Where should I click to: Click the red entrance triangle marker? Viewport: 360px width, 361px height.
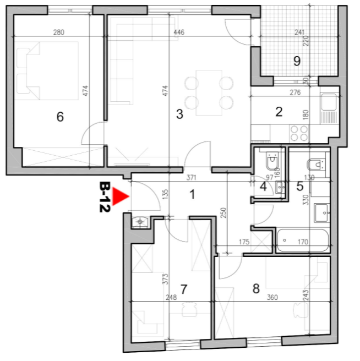tap(120, 196)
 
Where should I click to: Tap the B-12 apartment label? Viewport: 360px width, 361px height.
tap(105, 197)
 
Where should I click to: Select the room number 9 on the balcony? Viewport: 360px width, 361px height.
tap(297, 61)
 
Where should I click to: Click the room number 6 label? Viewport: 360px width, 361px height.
tap(60, 117)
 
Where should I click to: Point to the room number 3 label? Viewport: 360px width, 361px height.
tap(179, 114)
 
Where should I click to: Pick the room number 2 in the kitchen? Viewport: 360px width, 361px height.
tap(279, 112)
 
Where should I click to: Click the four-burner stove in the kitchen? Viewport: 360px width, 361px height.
tap(299, 133)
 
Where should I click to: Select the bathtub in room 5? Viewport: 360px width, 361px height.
tap(303, 240)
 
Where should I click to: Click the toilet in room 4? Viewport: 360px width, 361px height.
tap(272, 160)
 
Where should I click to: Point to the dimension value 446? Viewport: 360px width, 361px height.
tap(179, 32)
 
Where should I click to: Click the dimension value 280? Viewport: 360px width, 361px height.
tap(59, 32)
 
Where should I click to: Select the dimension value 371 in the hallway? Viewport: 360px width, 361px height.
tap(191, 178)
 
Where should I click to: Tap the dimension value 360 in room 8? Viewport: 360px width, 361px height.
tap(272, 297)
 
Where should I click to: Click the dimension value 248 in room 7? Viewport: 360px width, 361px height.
tap(171, 297)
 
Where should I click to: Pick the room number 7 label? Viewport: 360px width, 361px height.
tap(183, 289)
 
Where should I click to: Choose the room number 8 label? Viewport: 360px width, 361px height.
tap(256, 288)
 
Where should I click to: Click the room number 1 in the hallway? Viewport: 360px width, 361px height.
tap(192, 194)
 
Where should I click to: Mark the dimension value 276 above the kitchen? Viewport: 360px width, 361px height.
tap(295, 92)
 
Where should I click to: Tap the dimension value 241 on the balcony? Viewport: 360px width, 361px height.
tap(299, 32)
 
